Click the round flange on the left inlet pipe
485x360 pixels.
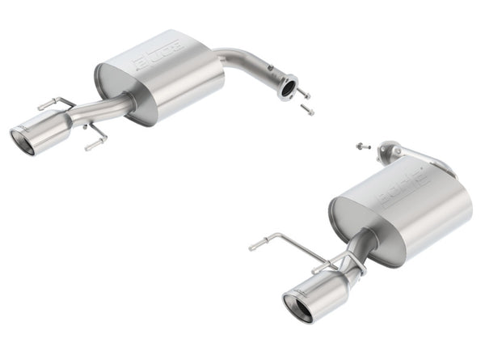(x=286, y=87)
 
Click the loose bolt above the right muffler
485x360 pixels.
(x=361, y=146)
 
